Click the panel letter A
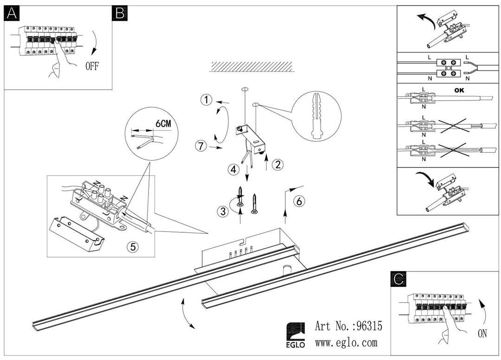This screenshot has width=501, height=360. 12,13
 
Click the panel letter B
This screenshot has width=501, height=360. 120,13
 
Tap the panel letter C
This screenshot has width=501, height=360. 398,279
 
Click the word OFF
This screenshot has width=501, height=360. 92,66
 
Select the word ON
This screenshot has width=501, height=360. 482,334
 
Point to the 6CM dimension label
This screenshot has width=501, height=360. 163,123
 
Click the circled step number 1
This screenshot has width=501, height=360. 206,100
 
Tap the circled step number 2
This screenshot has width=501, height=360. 278,165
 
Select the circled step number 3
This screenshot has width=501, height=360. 223,211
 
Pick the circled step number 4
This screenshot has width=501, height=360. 234,169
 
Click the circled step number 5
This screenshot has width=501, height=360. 133,246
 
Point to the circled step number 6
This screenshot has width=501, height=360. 299,201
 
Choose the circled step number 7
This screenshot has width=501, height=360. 201,146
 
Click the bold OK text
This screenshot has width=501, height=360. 459,90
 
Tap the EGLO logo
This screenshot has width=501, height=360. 295,335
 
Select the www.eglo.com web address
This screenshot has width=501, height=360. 347,343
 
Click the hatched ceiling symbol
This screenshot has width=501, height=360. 251,66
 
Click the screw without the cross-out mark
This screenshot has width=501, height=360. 254,204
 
